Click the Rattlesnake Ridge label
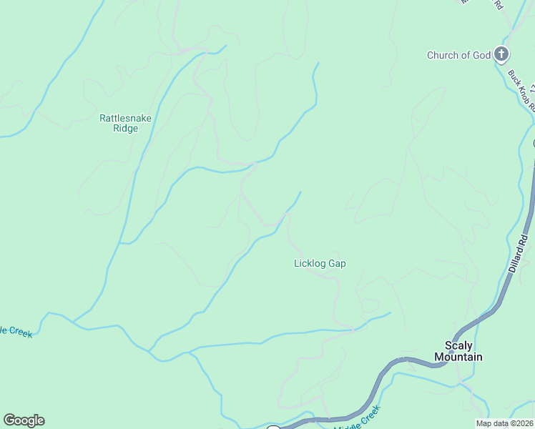pos(126,123)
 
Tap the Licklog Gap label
pos(320,263)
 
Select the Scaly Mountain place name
pos(458,351)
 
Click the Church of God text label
pos(458,55)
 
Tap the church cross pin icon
pos(502,54)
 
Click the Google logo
pos(24,420)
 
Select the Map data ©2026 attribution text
pos(505,423)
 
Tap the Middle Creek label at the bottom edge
pos(357,418)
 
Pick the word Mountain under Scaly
pos(458,357)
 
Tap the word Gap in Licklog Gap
pos(337,263)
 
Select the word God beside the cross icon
pos(481,55)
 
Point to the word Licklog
pos(310,263)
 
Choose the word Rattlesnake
pos(126,118)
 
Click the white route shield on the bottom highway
pos(273,428)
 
